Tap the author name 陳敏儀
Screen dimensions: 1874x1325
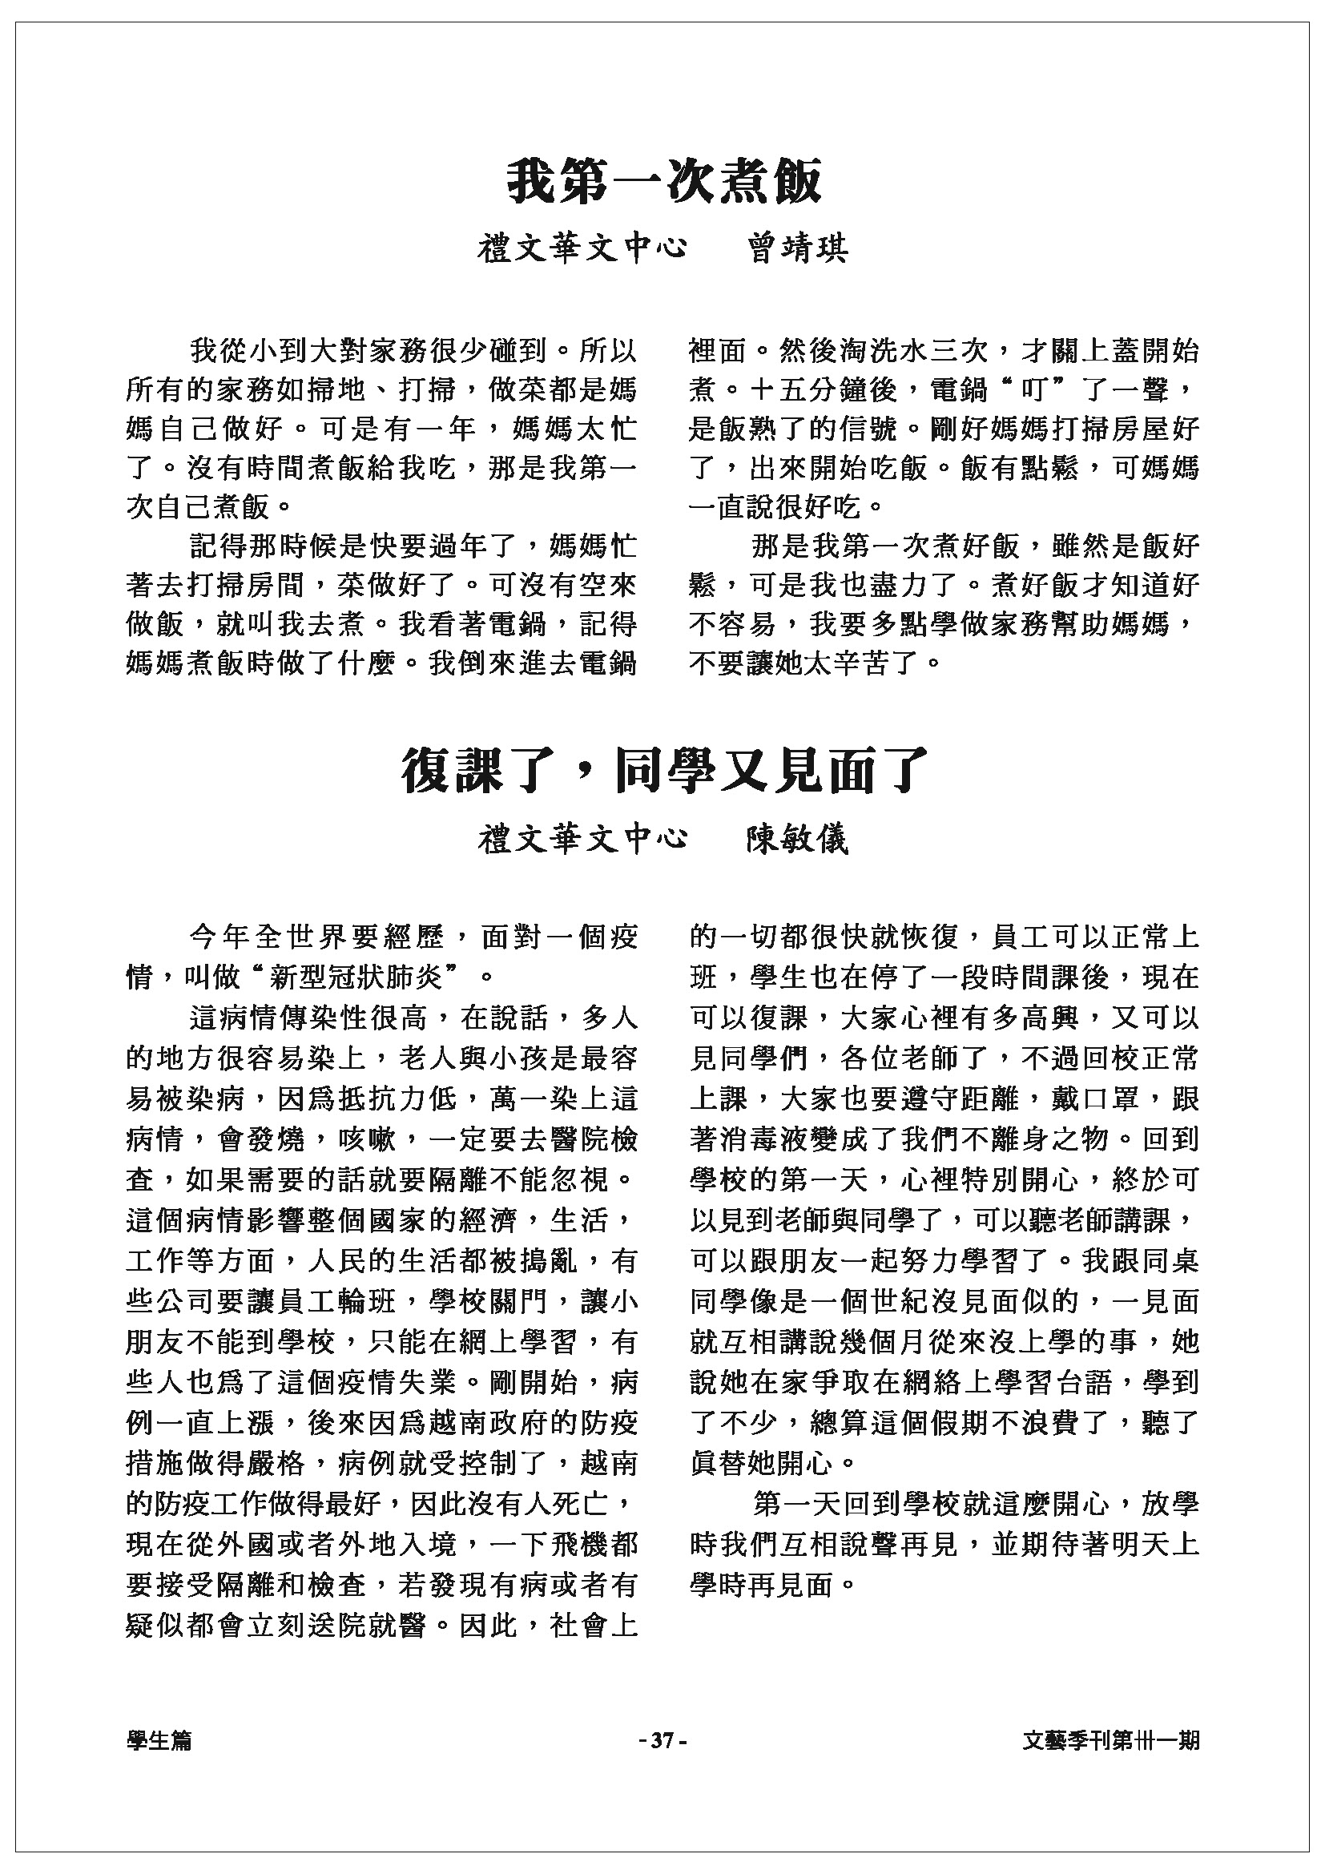(x=798, y=839)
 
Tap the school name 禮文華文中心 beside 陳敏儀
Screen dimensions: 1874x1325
(x=582, y=839)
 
